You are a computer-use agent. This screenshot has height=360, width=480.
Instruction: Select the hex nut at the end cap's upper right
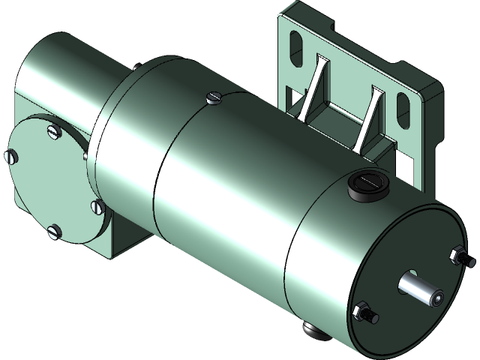pos(460,257)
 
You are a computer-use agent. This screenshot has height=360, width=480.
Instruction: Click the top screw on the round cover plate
pos(52,132)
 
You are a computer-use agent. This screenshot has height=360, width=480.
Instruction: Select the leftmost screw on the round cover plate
pos(11,157)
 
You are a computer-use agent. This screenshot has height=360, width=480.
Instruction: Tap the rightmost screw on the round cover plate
pos(95,206)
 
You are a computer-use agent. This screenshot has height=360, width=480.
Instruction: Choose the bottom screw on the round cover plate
pos(53,232)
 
